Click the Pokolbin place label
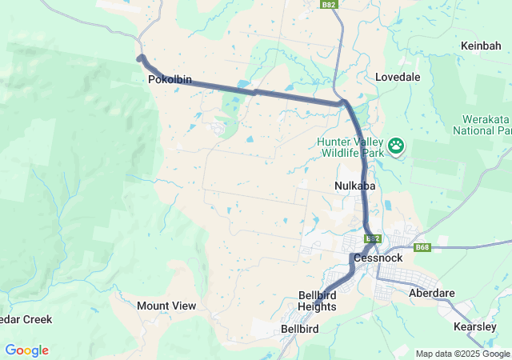click(168, 80)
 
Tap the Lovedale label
click(398, 77)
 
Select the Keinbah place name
click(481, 46)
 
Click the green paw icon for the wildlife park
click(396, 146)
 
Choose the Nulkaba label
click(354, 186)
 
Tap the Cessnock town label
click(375, 258)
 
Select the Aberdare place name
click(431, 293)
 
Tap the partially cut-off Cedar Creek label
click(26, 319)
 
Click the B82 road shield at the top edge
click(328, 5)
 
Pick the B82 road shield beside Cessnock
click(371, 238)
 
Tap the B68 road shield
click(422, 247)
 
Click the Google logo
click(26, 350)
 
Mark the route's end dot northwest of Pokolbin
click(141, 58)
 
